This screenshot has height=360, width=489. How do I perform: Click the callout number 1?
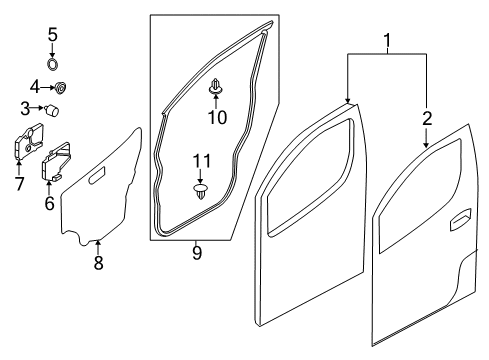387,42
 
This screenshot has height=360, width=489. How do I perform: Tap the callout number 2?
427,118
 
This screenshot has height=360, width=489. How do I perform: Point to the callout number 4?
32,85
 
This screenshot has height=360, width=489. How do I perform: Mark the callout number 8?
97,264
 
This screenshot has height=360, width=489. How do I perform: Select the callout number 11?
202,159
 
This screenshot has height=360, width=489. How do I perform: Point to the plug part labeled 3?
53,107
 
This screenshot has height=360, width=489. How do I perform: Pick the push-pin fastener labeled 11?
202,190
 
